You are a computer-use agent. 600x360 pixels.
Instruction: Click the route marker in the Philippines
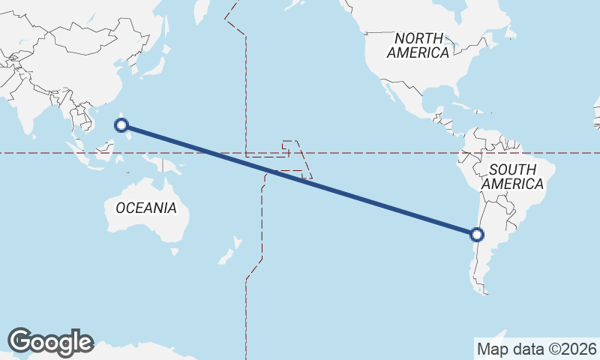point(121,125)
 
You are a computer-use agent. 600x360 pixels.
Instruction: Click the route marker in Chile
point(476,235)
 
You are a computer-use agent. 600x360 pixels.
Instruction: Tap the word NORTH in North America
point(421,37)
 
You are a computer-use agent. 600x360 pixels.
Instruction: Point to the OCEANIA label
point(146,208)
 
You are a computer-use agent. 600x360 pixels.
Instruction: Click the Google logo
point(50,341)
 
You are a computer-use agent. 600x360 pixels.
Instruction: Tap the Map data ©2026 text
point(537,349)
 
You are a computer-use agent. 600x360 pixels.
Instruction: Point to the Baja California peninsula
point(391,93)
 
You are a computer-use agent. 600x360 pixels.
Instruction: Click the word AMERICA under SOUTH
point(513,184)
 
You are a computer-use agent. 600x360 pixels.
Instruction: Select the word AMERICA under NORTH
point(418,53)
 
